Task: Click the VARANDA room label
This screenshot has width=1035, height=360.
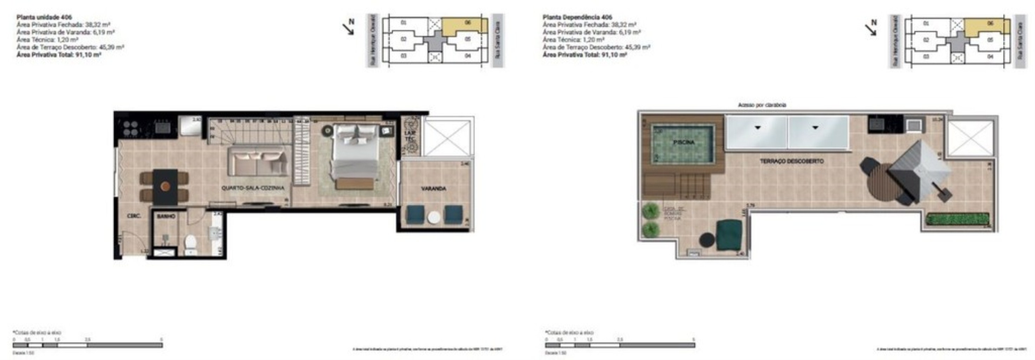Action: click(x=434, y=188)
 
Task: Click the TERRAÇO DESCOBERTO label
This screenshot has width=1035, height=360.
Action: click(x=791, y=161)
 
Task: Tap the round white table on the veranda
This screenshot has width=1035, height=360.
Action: click(x=434, y=217)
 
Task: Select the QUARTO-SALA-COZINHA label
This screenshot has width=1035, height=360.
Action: click(x=253, y=188)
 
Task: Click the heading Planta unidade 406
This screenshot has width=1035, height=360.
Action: click(x=44, y=17)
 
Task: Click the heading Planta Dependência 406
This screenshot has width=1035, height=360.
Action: click(x=577, y=17)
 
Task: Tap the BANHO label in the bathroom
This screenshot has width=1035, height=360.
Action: click(x=166, y=217)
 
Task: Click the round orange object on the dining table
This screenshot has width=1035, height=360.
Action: click(x=165, y=186)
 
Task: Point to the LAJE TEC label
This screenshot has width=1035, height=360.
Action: click(x=410, y=136)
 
